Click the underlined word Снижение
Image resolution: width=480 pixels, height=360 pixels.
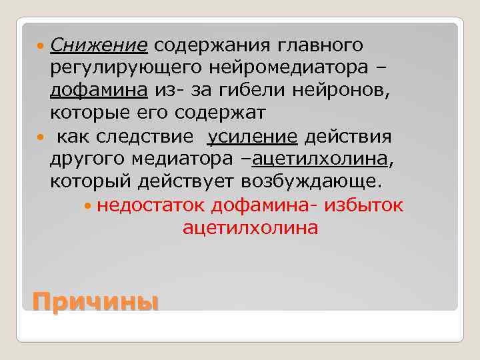[x=98, y=46]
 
